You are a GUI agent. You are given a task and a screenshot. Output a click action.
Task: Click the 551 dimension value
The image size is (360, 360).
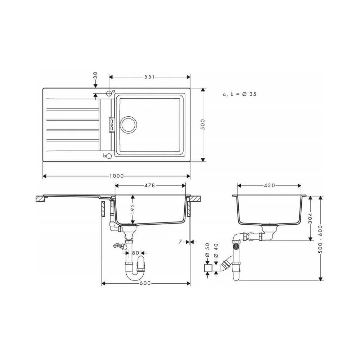[x=149, y=77]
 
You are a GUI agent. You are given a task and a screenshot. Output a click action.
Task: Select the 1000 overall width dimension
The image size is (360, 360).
[x=117, y=176]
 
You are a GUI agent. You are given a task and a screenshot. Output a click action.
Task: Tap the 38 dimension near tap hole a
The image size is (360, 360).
[x=95, y=75]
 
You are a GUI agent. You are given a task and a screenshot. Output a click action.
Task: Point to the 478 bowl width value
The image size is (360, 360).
[x=150, y=185]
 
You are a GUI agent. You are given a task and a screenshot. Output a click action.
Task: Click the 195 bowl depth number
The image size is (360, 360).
[x=132, y=209]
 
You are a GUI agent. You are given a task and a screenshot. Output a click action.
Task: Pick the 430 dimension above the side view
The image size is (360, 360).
[x=269, y=185]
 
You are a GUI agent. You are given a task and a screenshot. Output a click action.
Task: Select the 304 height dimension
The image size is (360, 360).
[x=310, y=219]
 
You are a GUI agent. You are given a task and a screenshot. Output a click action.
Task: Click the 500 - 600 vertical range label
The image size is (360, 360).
[x=320, y=239]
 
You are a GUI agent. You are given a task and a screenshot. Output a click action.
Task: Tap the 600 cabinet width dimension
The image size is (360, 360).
[x=145, y=283]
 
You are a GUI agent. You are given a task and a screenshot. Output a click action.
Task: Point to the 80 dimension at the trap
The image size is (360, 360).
[x=135, y=253]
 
